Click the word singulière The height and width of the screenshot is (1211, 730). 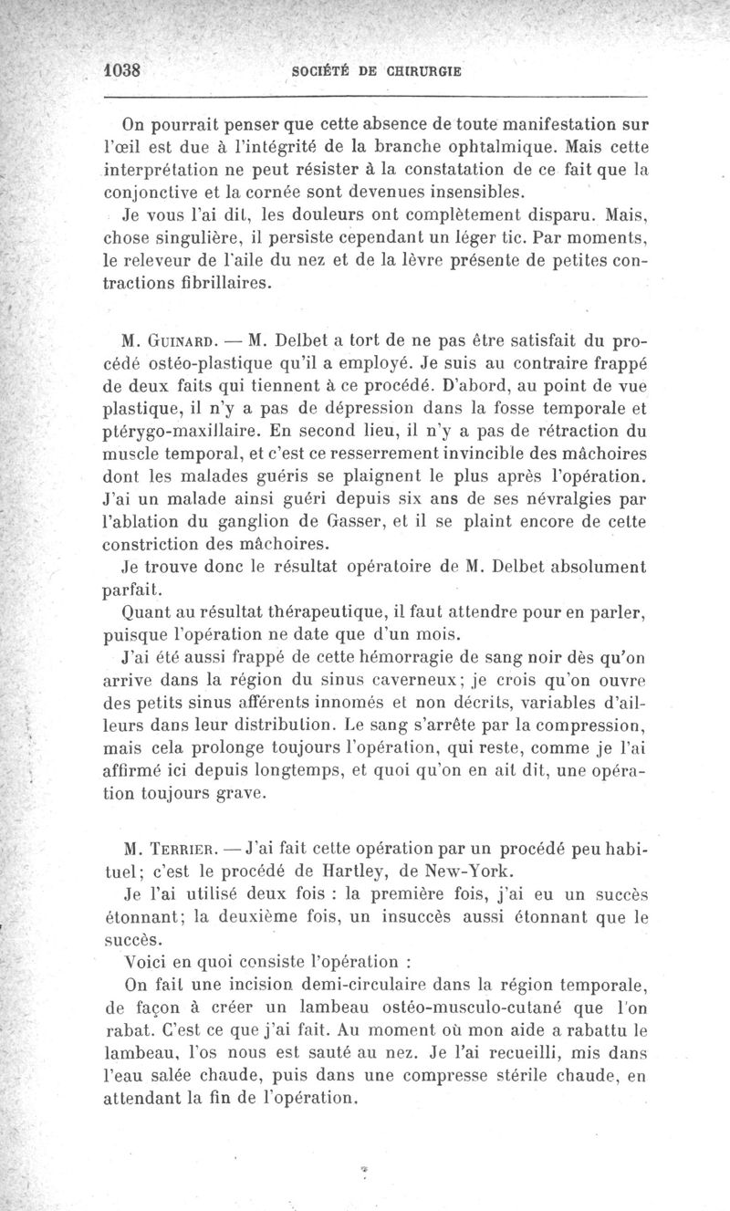(x=212, y=238)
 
